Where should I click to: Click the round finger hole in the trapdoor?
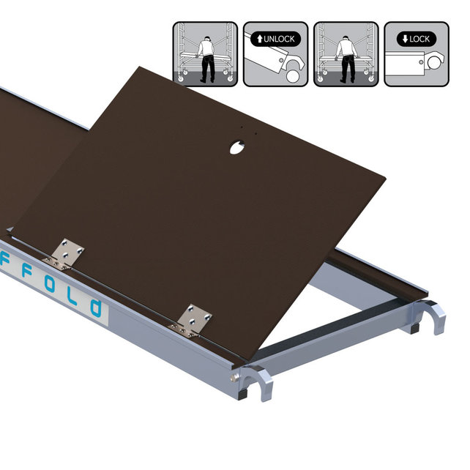coord(237,147)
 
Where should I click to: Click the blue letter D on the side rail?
coord(96,307)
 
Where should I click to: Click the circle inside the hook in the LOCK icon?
coord(435,63)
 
